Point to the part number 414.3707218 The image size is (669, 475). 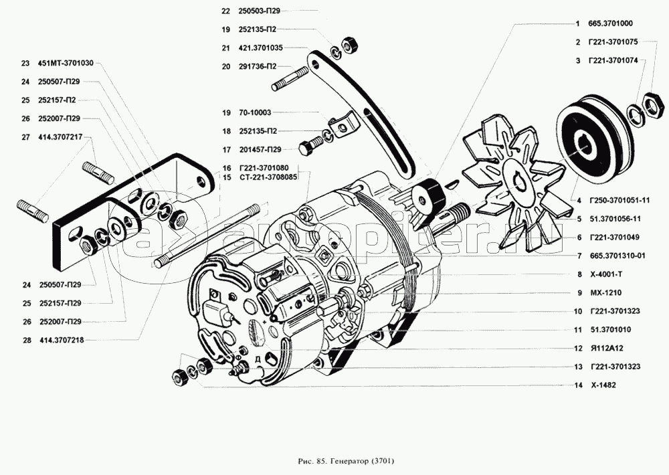pos(61,341)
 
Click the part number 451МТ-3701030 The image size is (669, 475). pos(66,64)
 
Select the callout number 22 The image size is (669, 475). pos(225,11)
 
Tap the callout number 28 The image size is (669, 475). pos(25,341)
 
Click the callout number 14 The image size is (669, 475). pos(576,386)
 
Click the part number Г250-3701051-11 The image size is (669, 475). pos(618,200)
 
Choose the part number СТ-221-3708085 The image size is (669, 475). pos(267,177)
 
